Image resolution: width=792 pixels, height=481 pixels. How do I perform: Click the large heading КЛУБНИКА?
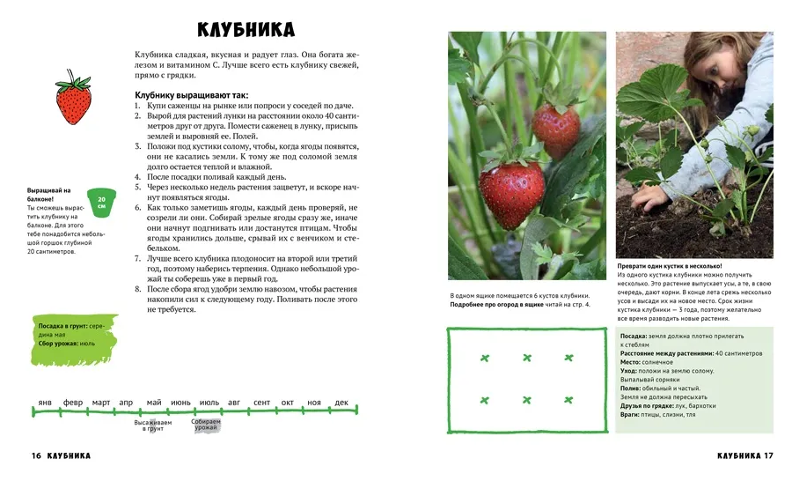246,30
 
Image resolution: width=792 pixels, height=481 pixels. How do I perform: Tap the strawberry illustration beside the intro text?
73,100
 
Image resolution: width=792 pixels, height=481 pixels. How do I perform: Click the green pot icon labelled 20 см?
101,201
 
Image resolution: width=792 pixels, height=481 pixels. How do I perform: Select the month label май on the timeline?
154,403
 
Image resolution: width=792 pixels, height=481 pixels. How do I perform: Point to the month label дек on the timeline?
341,403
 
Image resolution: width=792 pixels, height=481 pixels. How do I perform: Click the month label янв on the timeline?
45,403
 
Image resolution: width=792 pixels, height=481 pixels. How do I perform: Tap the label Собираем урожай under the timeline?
205,425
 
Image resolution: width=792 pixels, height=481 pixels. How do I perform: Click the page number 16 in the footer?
36,456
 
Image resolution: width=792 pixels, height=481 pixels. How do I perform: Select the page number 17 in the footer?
768,456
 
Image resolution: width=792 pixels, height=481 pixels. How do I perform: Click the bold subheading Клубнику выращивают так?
192,94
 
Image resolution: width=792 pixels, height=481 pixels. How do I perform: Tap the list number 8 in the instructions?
138,289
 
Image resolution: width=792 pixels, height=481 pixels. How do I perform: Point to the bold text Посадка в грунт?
62,326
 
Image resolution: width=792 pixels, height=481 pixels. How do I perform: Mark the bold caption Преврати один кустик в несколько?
670,265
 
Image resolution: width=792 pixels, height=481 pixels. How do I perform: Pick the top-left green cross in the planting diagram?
484,358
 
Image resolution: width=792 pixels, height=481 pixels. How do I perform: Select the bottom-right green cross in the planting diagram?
568,400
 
